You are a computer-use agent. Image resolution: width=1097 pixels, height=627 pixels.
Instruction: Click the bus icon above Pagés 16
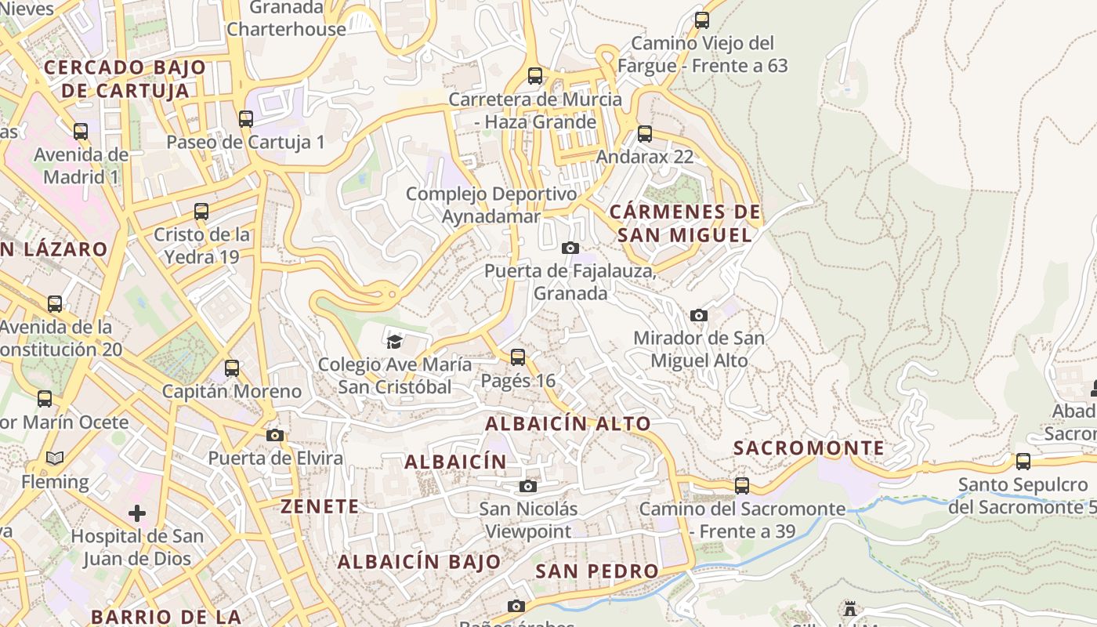[517, 357]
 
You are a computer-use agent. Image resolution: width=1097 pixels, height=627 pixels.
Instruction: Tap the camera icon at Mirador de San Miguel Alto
[699, 315]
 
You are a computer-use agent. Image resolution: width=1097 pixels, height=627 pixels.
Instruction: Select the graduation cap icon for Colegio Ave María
[394, 341]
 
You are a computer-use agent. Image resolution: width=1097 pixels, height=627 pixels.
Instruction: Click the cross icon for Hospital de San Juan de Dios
[137, 513]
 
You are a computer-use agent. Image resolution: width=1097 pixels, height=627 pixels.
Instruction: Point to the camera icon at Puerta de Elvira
[274, 435]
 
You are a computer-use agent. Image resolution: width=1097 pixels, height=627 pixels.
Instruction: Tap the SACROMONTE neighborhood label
[809, 448]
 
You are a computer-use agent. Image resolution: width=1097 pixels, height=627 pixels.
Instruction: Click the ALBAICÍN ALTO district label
[568, 424]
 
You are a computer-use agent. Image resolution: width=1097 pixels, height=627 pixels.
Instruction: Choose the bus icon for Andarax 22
[644, 134]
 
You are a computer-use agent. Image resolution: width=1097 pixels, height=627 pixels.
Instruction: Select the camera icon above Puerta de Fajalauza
[570, 248]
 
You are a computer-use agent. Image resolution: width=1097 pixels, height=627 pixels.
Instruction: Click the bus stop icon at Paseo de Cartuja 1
[246, 119]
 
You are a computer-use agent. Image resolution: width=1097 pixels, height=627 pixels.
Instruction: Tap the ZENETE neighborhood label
[320, 506]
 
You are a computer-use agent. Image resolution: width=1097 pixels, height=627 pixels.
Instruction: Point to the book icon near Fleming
[54, 458]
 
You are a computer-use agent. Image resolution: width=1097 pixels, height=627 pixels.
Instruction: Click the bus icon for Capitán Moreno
[232, 368]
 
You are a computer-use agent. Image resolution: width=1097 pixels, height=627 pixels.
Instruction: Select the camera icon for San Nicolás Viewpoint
[528, 486]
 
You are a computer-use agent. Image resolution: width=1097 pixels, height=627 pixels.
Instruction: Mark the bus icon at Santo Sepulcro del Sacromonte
[1023, 462]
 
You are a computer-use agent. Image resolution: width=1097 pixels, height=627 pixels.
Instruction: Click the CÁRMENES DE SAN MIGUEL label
[685, 223]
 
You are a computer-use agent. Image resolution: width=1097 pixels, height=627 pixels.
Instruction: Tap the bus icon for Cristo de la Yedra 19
[201, 212]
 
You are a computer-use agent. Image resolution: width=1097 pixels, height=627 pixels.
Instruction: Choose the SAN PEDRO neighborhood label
[597, 571]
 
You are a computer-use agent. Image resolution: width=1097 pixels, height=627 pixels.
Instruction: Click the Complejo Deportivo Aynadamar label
[491, 205]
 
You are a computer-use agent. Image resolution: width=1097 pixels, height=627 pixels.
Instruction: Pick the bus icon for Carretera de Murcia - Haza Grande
[535, 76]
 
